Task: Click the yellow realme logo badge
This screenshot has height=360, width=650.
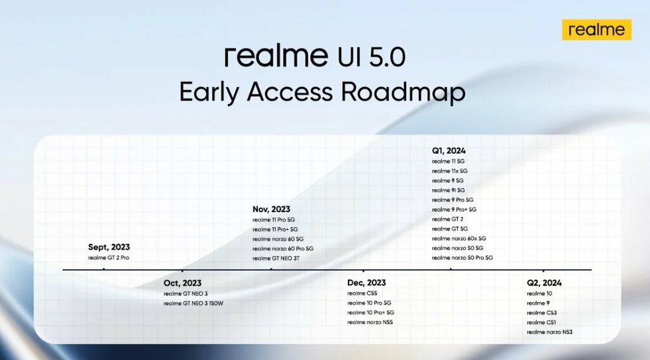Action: point(597,30)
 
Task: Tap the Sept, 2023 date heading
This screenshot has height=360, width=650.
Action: point(109,247)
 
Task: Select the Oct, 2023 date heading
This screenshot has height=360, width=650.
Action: point(182,283)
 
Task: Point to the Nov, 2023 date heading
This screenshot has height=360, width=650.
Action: point(272,210)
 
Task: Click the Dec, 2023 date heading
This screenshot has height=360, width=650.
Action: point(366,283)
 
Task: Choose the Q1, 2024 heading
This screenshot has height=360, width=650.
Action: point(449,151)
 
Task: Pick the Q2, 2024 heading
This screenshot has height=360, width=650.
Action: point(544,283)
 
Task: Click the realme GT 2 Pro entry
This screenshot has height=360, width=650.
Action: point(109,258)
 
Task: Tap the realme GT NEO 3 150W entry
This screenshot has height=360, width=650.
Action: point(193,303)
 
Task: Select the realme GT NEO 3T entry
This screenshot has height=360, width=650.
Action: point(276,258)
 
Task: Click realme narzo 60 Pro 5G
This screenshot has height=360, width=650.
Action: point(283,248)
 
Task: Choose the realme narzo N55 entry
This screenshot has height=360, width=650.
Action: point(370,323)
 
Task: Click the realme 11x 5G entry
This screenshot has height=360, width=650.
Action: point(450,171)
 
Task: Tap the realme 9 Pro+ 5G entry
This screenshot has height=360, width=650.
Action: point(454,210)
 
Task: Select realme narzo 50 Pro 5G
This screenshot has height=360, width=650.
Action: point(463,258)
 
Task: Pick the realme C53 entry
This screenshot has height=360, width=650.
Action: point(542,313)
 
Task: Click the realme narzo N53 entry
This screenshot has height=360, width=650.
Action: point(550,332)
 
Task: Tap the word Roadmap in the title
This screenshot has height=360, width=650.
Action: point(403,91)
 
